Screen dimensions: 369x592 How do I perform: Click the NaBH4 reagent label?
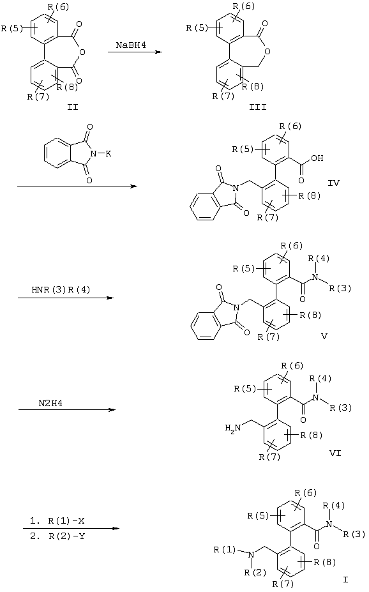pyautogui.click(x=131, y=45)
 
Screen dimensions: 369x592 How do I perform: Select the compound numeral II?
pyautogui.click(x=72, y=107)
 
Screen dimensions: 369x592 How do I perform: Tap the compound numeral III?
pyautogui.click(x=258, y=107)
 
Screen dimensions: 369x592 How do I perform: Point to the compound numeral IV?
pyautogui.click(x=333, y=183)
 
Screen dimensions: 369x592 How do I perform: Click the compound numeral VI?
pyautogui.click(x=335, y=453)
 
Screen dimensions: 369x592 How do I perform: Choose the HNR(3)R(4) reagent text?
pyautogui.click(x=61, y=290)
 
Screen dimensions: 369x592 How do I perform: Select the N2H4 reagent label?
pyautogui.click(x=50, y=403)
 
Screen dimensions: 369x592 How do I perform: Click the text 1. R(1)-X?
pyautogui.click(x=57, y=521)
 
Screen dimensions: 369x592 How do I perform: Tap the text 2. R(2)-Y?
pyautogui.click(x=57, y=536)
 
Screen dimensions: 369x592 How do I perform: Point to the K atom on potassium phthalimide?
pyautogui.click(x=109, y=154)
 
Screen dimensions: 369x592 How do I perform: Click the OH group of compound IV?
pyautogui.click(x=317, y=158)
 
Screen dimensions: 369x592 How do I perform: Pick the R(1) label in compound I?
pyautogui.click(x=225, y=549)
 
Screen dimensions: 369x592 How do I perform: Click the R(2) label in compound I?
pyautogui.click(x=255, y=572)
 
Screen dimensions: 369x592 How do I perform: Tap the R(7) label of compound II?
pyautogui.click(x=38, y=96)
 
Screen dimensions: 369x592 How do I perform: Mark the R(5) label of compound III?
pyautogui.click(x=197, y=28)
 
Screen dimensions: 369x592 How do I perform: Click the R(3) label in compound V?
pyautogui.click(x=340, y=289)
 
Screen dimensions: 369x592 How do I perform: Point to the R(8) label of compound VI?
pyautogui.click(x=312, y=436)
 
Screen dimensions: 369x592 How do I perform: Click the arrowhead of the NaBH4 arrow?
pyautogui.click(x=160, y=52)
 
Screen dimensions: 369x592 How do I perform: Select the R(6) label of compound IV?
pyautogui.click(x=290, y=126)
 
